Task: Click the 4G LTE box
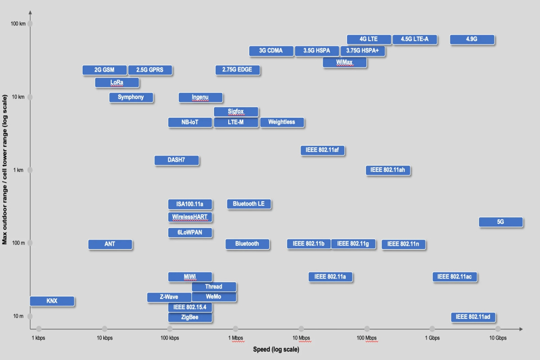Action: coord(369,39)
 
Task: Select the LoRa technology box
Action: coord(117,83)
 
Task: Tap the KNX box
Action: coord(52,301)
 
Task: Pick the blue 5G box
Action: coord(500,222)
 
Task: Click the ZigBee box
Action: coord(190,317)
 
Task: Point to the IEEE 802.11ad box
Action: coord(473,317)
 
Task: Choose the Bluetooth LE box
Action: coord(249,204)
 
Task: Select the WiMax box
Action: coord(344,63)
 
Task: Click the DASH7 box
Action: coord(176,160)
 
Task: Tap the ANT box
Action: coord(110,244)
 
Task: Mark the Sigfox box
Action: coord(236,112)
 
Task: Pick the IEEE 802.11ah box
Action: coord(388,170)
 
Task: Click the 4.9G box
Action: coord(472,39)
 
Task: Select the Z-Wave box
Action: coord(169,297)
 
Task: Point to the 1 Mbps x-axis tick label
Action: coord(235,338)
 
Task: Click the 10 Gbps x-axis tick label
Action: coord(497,338)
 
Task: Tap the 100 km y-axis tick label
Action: coord(18,24)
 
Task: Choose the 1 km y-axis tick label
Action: coord(19,170)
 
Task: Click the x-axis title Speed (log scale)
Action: coord(276,349)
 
